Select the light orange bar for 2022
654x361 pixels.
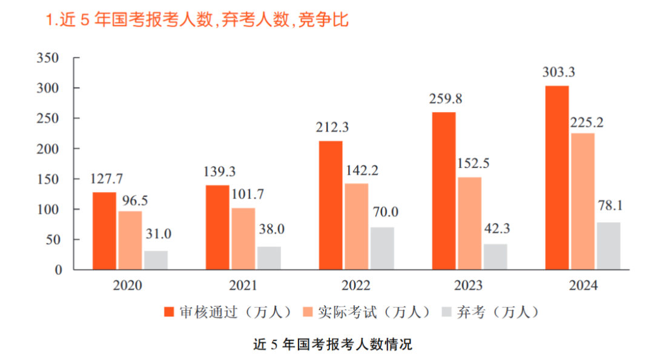coord(356,226)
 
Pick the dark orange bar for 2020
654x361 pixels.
coord(104,231)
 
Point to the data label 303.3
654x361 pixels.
coord(558,72)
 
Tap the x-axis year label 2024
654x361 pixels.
coord(582,285)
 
